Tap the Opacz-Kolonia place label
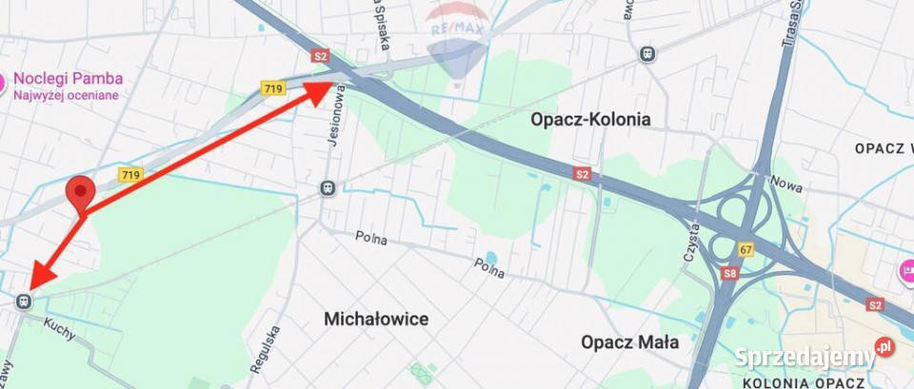tap(590, 119)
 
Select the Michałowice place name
tap(375, 318)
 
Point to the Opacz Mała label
tap(629, 341)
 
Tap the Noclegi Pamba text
tap(67, 79)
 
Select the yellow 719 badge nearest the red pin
tap(130, 175)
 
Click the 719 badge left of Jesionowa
tap(273, 88)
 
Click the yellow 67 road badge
tap(745, 249)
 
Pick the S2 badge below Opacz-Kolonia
tap(583, 173)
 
